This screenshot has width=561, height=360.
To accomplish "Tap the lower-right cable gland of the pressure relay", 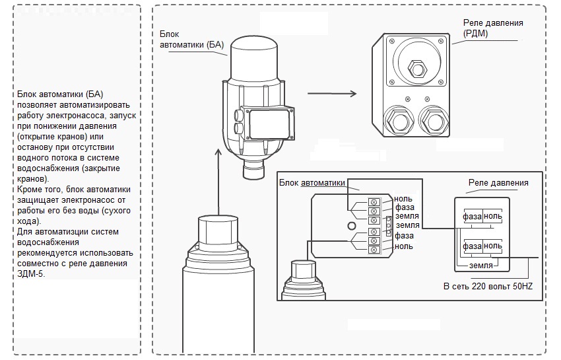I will click(434, 120).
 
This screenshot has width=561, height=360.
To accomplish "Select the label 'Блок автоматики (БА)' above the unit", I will click(192, 39).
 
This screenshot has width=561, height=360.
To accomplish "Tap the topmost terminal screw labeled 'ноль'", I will click(373, 199).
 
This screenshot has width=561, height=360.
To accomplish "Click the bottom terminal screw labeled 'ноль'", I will click(373, 250).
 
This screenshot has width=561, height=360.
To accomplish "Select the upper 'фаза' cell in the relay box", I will click(472, 216).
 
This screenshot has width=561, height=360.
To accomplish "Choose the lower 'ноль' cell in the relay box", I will click(493, 246).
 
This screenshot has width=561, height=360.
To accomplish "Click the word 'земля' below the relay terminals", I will click(482, 265).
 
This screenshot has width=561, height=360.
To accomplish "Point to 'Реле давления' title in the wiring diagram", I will click(498, 183).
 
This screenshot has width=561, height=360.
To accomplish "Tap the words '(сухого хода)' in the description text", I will click(73, 215).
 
